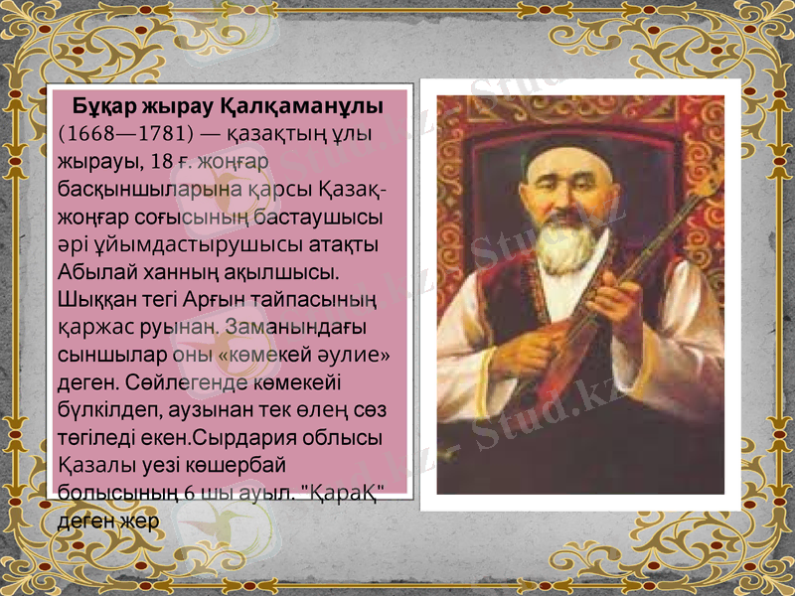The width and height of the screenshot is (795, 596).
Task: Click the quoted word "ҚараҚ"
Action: (x=342, y=491)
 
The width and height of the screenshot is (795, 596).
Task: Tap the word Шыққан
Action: (x=96, y=298)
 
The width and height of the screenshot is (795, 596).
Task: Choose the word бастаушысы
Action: (x=320, y=216)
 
